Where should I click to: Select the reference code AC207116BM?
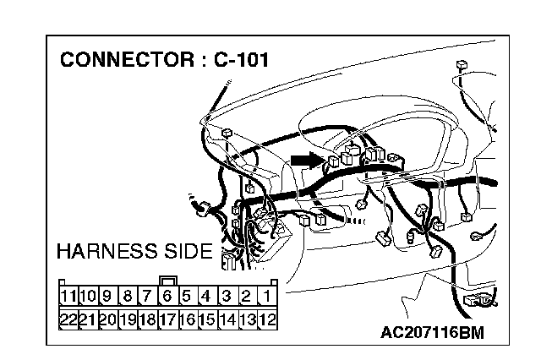point(433,333)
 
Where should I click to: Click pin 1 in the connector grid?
point(266,297)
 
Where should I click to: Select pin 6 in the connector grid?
point(167,297)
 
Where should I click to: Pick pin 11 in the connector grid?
point(68,297)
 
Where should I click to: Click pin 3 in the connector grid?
point(227,297)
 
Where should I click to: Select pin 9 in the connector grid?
point(107,297)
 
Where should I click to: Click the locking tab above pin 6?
point(167,281)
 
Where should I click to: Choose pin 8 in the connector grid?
point(127,297)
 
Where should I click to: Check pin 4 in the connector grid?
point(207,297)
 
